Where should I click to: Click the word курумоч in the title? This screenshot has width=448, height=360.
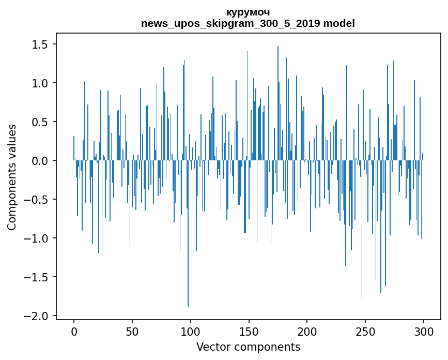(248, 12)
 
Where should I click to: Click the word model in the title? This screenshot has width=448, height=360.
(340, 24)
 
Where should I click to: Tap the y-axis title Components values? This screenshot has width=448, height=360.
(12, 176)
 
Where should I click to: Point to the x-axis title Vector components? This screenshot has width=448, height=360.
(248, 347)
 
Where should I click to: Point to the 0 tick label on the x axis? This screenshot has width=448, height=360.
(74, 331)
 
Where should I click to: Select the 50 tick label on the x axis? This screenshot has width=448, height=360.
(132, 331)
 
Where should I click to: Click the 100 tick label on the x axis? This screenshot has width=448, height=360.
(191, 331)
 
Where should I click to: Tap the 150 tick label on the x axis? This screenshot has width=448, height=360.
(249, 331)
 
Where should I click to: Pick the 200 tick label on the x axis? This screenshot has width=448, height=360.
(307, 331)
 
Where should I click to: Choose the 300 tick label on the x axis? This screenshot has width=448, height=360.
(424, 331)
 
